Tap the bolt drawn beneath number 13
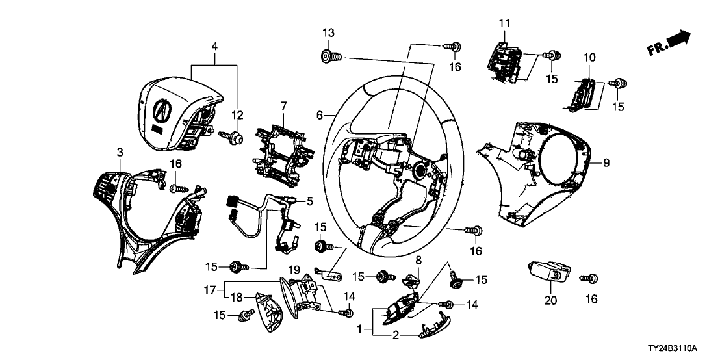coord(331,57)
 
